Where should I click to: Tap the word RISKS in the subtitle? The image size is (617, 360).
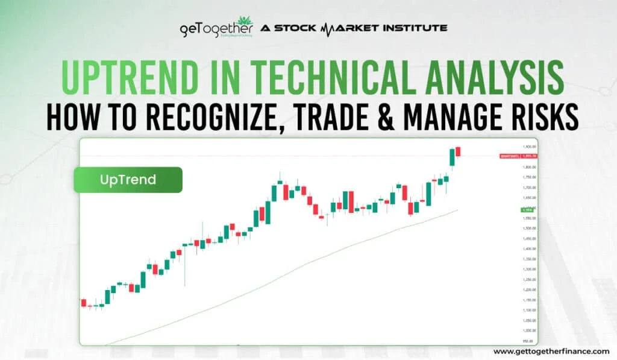click(550, 117)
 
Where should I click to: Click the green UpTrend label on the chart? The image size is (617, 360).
click(128, 180)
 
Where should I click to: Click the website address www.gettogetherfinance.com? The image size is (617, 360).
click(551, 351)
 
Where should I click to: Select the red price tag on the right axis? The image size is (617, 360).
click(510, 156)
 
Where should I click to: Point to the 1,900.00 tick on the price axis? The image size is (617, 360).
click(530, 147)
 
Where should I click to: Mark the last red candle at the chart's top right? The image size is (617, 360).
click(458, 151)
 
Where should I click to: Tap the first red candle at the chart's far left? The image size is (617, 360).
click(84, 303)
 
